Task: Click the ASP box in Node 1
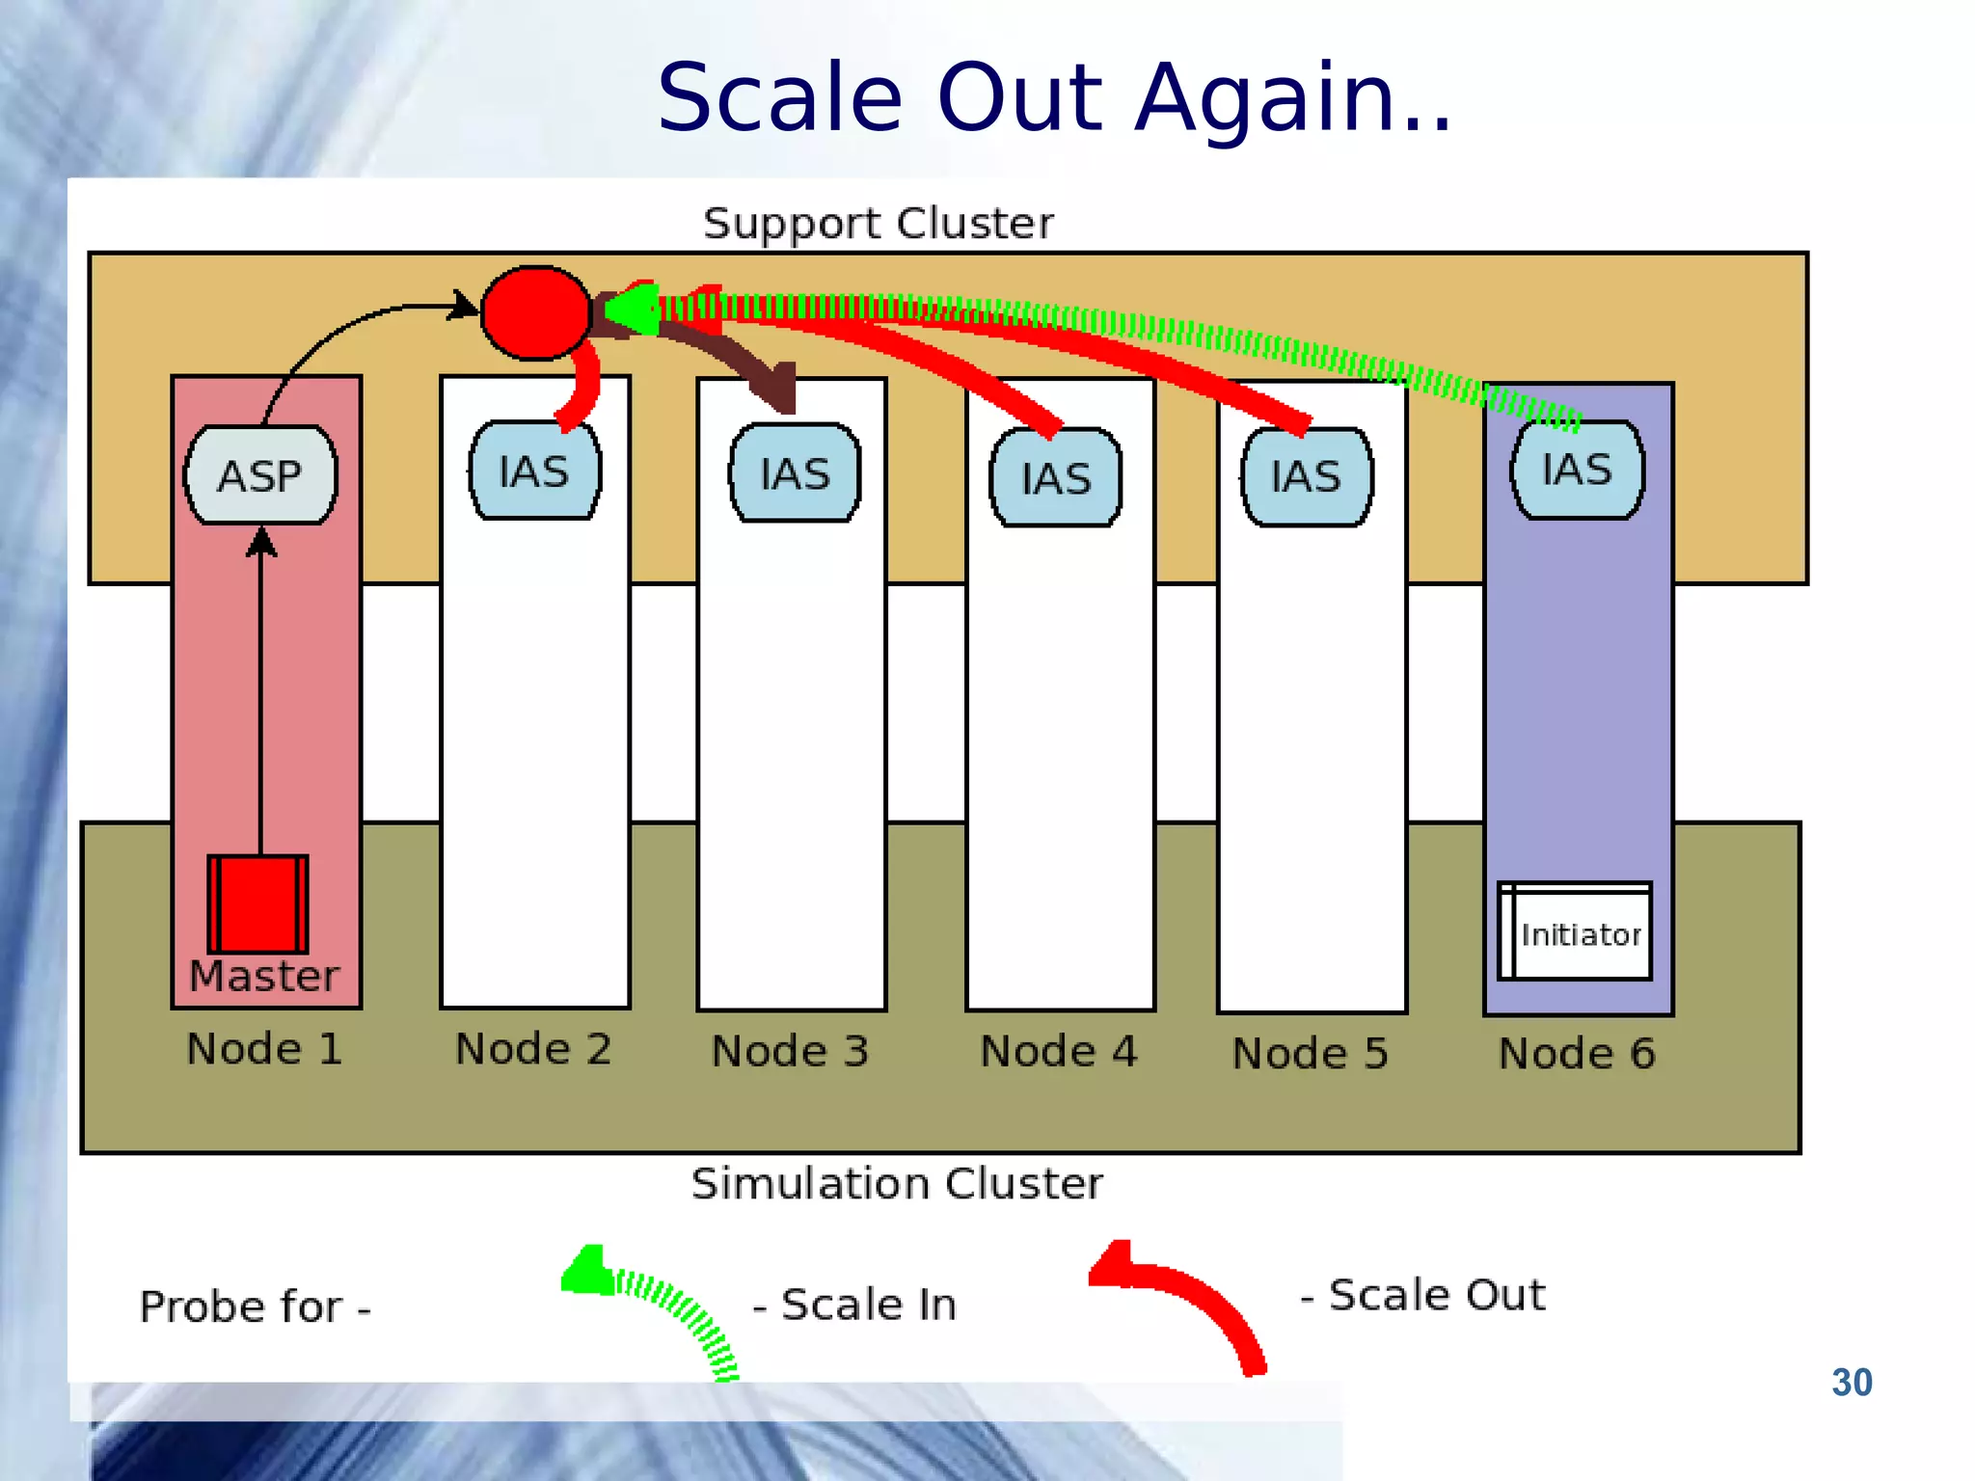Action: point(260,475)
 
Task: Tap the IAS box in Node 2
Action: point(534,471)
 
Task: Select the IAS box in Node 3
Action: point(795,473)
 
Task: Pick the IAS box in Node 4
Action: point(1056,477)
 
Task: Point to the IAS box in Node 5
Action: point(1307,476)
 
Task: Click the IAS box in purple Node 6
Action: point(1577,470)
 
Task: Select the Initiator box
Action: point(1575,931)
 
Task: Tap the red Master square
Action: point(257,903)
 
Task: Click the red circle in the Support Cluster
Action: point(535,312)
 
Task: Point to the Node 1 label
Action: point(264,1048)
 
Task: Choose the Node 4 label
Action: point(1059,1050)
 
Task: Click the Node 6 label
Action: point(1577,1053)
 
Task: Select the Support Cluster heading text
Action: point(878,223)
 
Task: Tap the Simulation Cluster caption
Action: point(896,1183)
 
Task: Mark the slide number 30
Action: point(1852,1382)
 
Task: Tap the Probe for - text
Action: point(256,1307)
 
